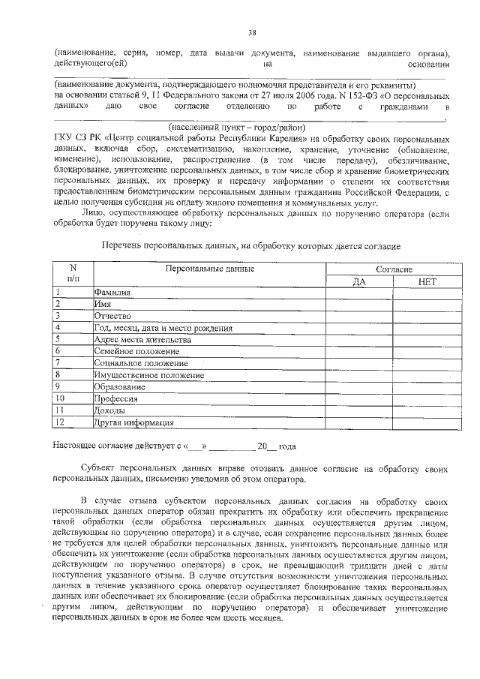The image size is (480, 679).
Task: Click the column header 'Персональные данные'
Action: click(210, 269)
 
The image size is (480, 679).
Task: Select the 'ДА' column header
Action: click(358, 281)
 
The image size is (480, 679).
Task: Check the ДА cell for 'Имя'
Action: click(358, 305)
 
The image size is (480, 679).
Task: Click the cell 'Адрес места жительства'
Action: click(142, 339)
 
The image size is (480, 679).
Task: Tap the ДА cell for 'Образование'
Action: click(358, 386)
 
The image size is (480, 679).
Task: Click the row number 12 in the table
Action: click(60, 422)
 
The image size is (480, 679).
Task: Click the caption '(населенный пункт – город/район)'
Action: click(234, 127)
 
